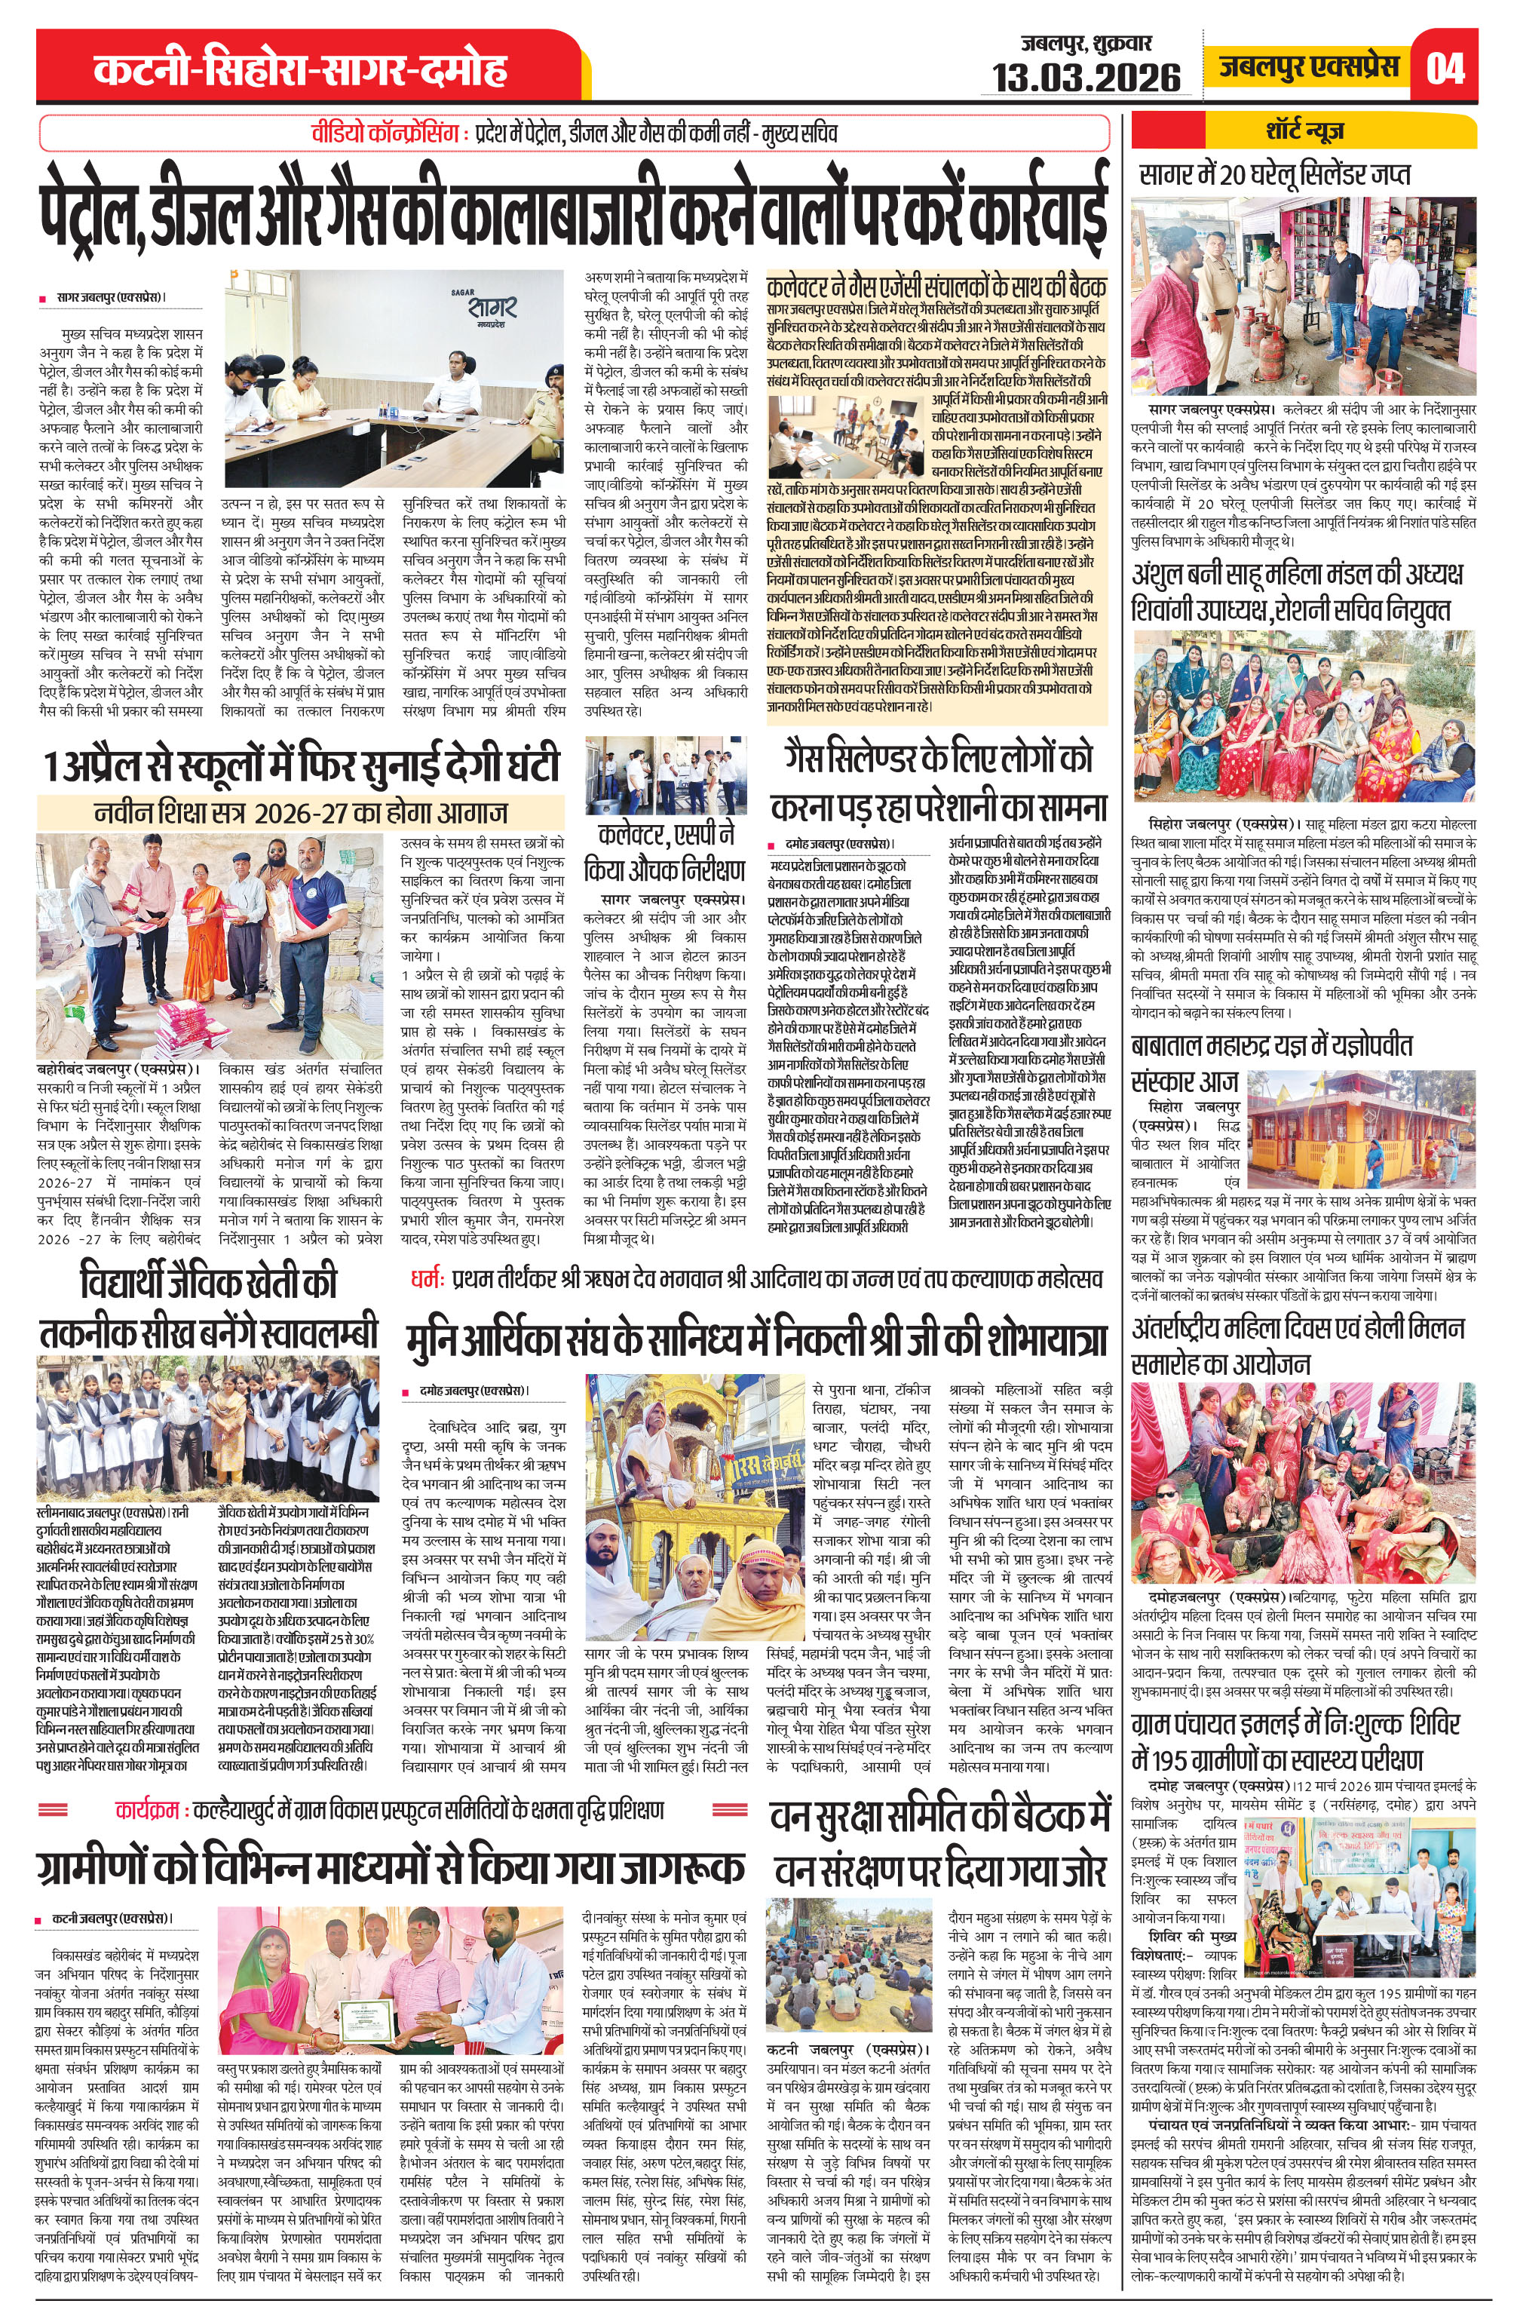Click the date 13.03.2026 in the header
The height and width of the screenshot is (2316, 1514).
pos(1086,77)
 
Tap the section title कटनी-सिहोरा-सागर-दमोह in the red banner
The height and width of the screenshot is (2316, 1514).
pos(301,69)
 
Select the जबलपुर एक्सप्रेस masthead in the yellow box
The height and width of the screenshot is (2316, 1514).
pos(1309,66)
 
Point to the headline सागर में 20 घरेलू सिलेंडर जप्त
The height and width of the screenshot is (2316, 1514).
pos(1276,175)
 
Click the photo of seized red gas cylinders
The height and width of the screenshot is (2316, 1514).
pos(1303,291)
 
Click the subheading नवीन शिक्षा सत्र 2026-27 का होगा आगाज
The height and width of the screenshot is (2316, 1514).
pos(301,811)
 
